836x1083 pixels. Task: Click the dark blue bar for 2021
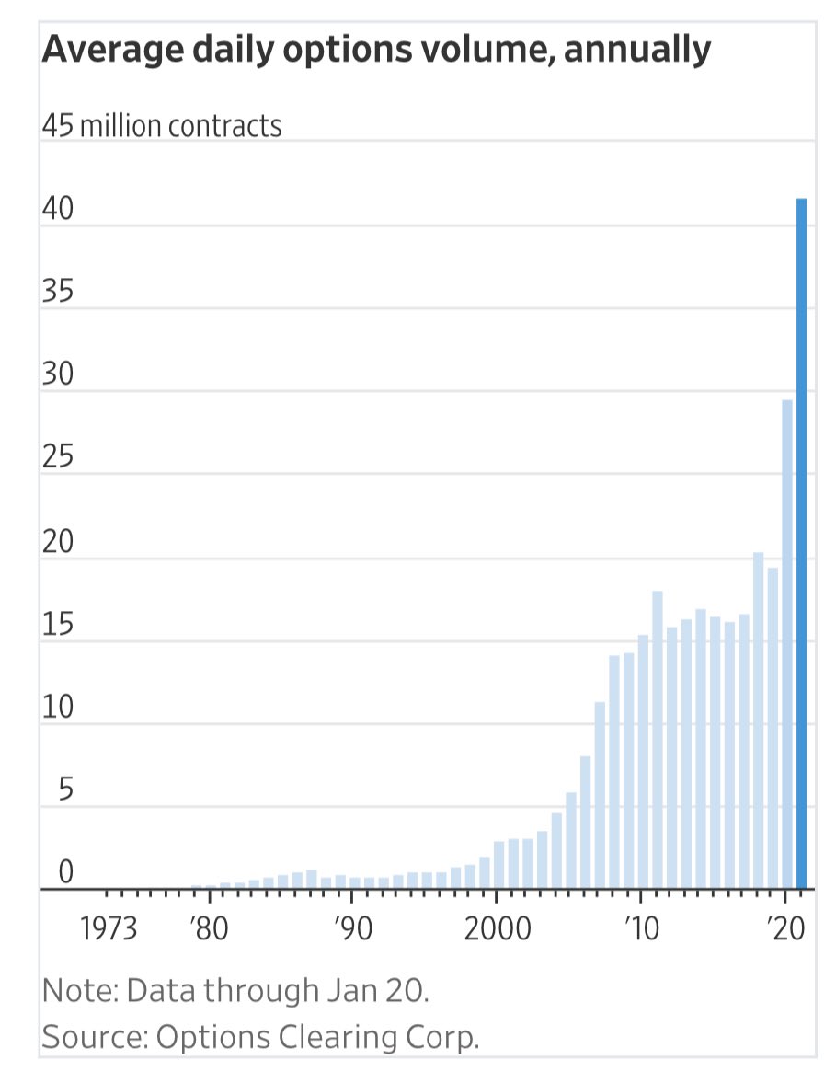pyautogui.click(x=801, y=543)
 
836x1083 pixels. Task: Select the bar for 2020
pyautogui.click(x=787, y=644)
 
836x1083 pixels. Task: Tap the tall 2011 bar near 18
pyautogui.click(x=658, y=741)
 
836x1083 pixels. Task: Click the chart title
pyautogui.click(x=376, y=49)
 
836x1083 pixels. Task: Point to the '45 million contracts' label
pyautogui.click(x=162, y=124)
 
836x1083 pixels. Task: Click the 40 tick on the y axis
pyautogui.click(x=56, y=209)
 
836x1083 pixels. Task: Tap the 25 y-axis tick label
pyautogui.click(x=56, y=457)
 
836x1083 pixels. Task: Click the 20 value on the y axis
pyautogui.click(x=56, y=542)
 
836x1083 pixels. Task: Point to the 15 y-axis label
pyautogui.click(x=56, y=625)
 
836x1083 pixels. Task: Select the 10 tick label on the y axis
pyautogui.click(x=56, y=708)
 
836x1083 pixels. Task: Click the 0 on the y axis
pyautogui.click(x=65, y=873)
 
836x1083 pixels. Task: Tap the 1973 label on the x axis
pyautogui.click(x=109, y=929)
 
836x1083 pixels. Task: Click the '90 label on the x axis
pyautogui.click(x=352, y=929)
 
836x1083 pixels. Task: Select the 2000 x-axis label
pyautogui.click(x=497, y=929)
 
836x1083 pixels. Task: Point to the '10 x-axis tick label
pyautogui.click(x=641, y=929)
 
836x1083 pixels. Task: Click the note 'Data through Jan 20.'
pyautogui.click(x=236, y=991)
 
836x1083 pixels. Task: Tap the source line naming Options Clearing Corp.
pyautogui.click(x=261, y=1037)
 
